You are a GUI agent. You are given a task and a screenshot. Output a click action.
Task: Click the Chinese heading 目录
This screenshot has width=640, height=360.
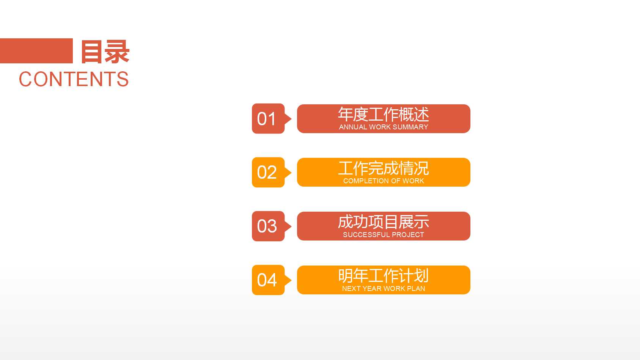105,52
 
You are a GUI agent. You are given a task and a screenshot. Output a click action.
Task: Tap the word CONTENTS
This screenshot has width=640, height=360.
74,79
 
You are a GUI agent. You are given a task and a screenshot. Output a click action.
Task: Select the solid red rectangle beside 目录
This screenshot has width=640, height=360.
36,51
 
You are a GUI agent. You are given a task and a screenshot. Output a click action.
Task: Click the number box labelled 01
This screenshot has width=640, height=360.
268,119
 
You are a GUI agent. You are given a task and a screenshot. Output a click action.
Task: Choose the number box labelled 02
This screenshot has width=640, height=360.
268,173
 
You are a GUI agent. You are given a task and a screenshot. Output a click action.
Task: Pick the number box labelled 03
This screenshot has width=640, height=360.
268,226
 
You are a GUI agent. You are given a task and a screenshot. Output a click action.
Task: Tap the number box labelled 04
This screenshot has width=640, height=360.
268,280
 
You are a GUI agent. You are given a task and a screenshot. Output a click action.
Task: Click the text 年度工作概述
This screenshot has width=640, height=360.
383,115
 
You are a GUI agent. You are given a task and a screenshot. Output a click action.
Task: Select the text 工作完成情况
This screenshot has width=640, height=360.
383,168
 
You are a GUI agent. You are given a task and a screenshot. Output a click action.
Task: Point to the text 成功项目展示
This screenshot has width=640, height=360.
383,222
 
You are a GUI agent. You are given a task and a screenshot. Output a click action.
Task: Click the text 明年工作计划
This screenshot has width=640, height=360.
383,276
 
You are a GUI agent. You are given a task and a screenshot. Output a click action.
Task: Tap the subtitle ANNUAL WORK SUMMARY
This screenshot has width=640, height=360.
383,127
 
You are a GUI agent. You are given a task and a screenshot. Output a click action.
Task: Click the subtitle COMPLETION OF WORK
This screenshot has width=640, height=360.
383,181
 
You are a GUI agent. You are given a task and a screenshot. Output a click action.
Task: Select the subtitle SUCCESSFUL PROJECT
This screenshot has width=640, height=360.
383,235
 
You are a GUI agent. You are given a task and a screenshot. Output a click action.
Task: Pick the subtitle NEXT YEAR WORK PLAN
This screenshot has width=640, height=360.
383,289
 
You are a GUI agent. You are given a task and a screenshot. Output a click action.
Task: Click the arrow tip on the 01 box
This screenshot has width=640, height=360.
289,119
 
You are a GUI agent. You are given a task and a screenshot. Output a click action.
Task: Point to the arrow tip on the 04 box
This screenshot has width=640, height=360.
289,280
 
